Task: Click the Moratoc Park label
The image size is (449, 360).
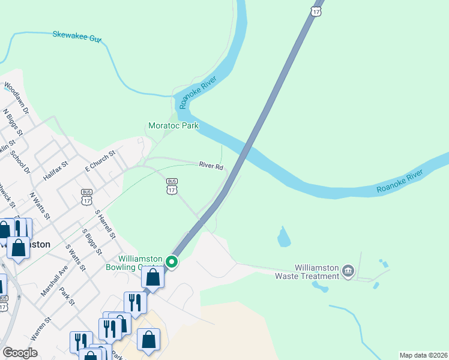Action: pos(173,126)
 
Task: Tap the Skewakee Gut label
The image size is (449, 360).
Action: pos(77,37)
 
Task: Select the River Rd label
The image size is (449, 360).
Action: pos(211,166)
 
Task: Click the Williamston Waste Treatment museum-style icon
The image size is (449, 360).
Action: pos(348,272)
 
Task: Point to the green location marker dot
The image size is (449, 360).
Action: pos(172,262)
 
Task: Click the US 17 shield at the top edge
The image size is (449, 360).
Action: pos(316,11)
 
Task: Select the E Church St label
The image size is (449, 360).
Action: pos(100,159)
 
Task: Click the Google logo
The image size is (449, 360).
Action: pos(20,353)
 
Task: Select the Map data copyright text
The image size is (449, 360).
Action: pos(423,355)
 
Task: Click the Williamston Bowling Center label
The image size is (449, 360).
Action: pos(134,263)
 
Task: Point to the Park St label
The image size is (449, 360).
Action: pos(67,298)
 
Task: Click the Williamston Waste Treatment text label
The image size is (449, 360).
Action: pos(316,272)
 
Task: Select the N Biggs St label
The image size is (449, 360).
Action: pos(13,122)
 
